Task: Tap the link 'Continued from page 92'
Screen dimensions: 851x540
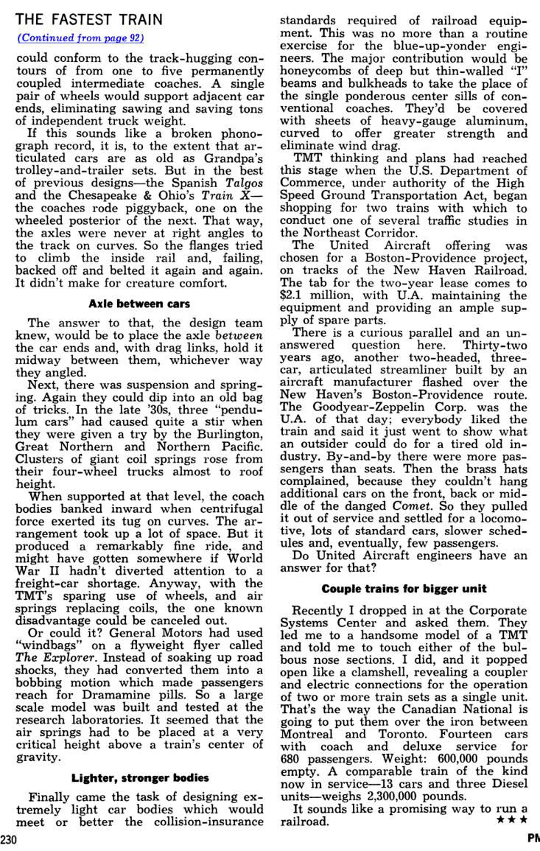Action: tap(80, 38)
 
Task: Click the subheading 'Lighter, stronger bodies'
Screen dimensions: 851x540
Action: tap(140, 777)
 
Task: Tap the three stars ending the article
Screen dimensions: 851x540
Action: tap(513, 819)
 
